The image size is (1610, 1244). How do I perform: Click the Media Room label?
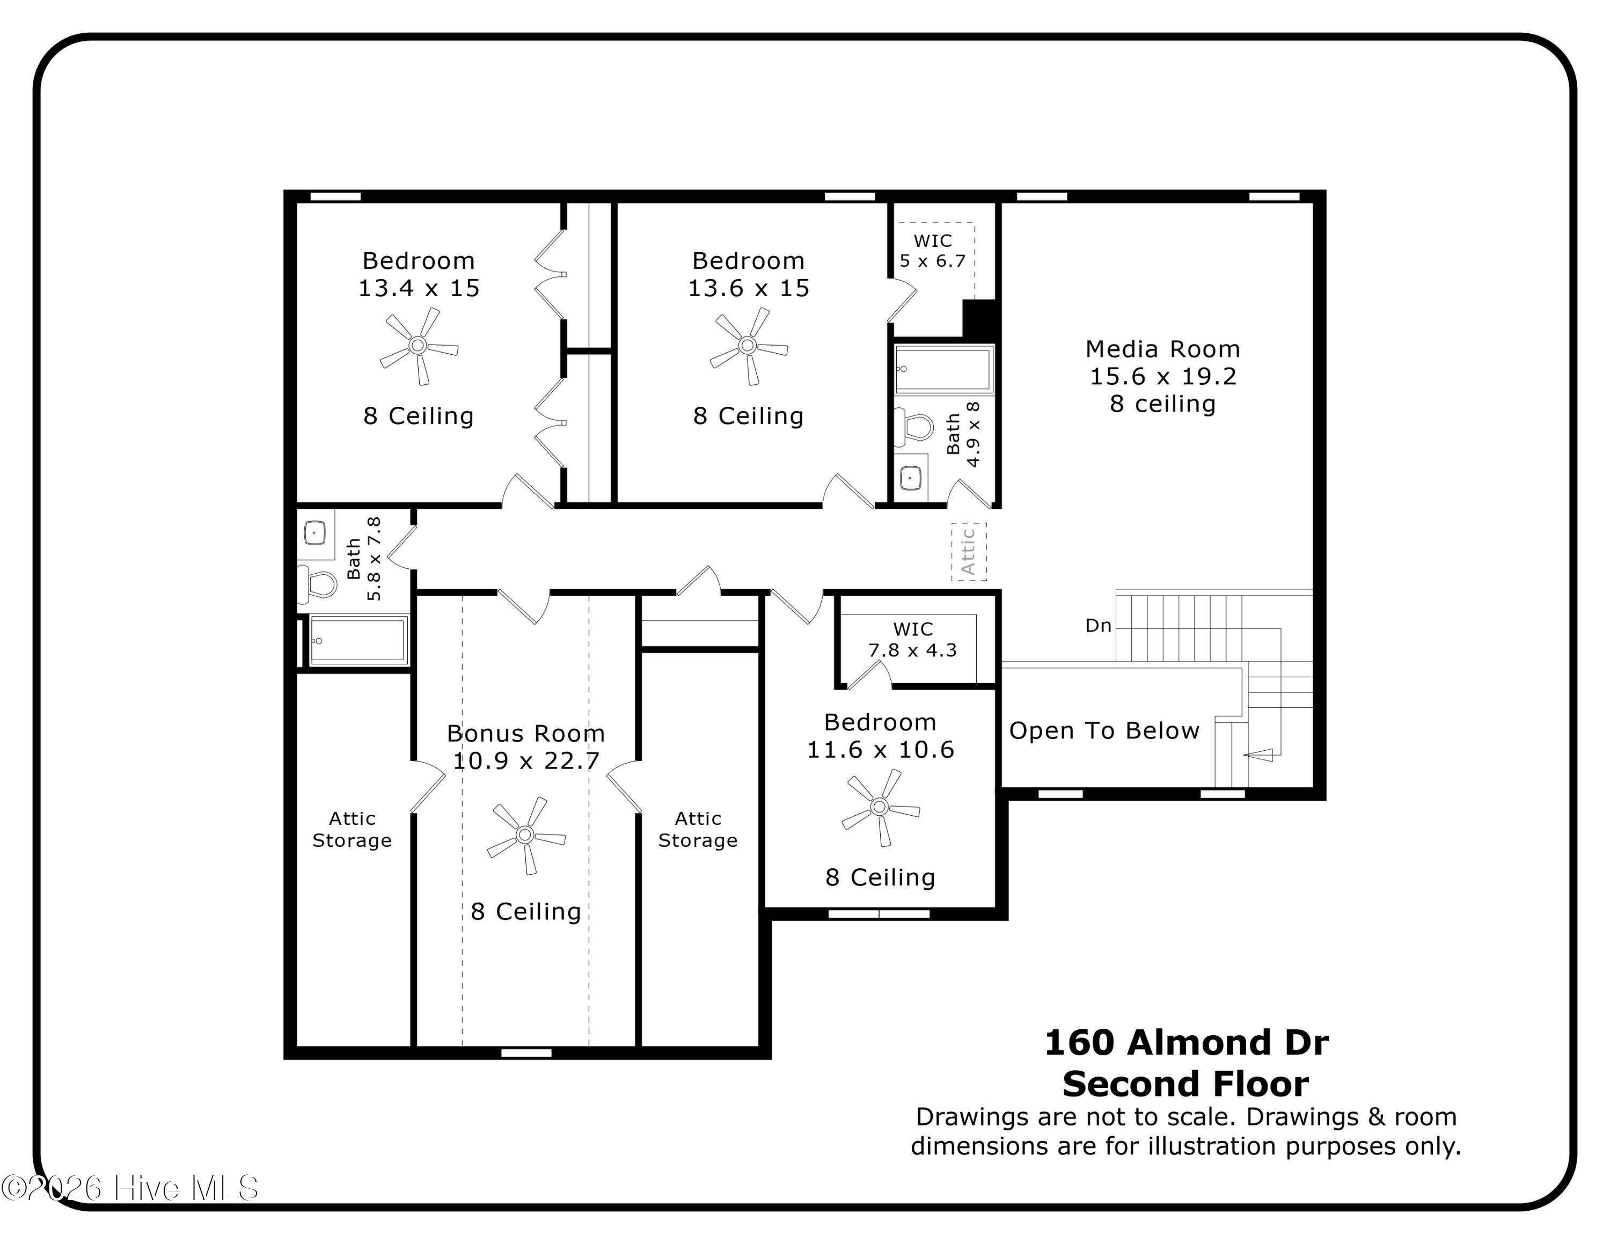coord(1162,349)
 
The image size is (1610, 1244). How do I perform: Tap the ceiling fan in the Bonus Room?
coord(525,835)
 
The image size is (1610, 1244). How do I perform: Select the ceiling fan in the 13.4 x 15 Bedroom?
coord(418,346)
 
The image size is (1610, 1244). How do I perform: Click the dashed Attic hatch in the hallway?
coord(968,551)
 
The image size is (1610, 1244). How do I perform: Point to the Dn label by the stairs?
coord(1097,626)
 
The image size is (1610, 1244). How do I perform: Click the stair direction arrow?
coord(1258,755)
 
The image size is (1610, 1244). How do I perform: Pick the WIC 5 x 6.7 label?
coord(933,251)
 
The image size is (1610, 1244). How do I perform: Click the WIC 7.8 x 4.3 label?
coord(913,640)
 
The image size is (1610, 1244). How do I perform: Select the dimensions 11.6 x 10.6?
coord(880,750)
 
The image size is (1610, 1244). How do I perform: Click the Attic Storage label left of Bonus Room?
coord(352,829)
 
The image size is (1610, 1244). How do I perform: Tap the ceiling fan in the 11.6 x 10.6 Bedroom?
coord(880,808)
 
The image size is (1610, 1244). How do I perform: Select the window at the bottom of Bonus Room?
coord(526,1053)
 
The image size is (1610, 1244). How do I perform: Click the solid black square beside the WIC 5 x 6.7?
coord(980,318)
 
